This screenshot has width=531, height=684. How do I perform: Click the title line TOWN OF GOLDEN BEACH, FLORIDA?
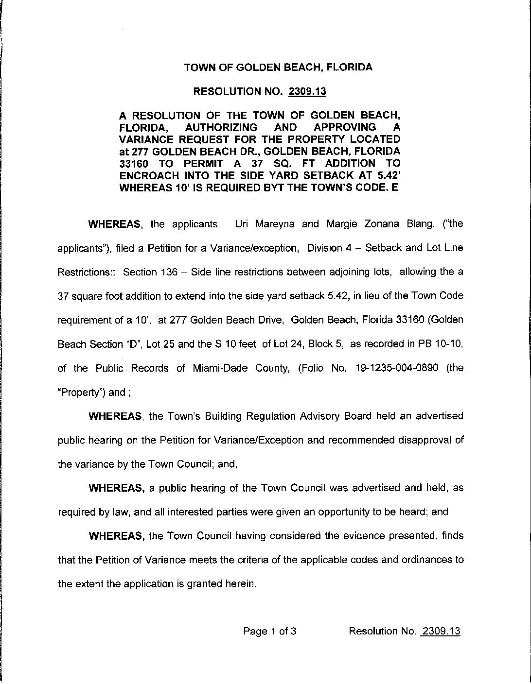point(278,68)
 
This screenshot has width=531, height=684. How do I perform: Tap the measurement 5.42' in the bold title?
point(388,175)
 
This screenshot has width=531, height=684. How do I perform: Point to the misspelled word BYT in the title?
point(274,188)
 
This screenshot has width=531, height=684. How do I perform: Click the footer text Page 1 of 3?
point(270,632)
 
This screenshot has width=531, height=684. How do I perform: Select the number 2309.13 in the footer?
point(441,632)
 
